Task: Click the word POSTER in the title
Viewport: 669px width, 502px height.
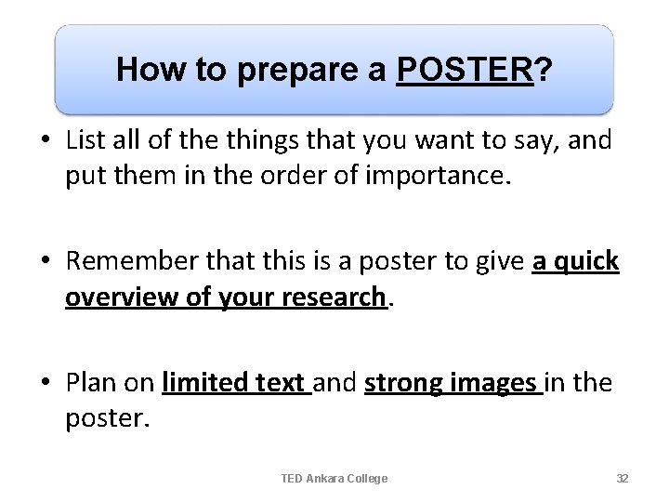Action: point(465,69)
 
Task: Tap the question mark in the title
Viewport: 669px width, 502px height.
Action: point(542,69)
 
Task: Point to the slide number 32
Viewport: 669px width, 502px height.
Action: point(623,478)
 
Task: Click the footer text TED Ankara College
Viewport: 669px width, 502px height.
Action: point(334,478)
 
